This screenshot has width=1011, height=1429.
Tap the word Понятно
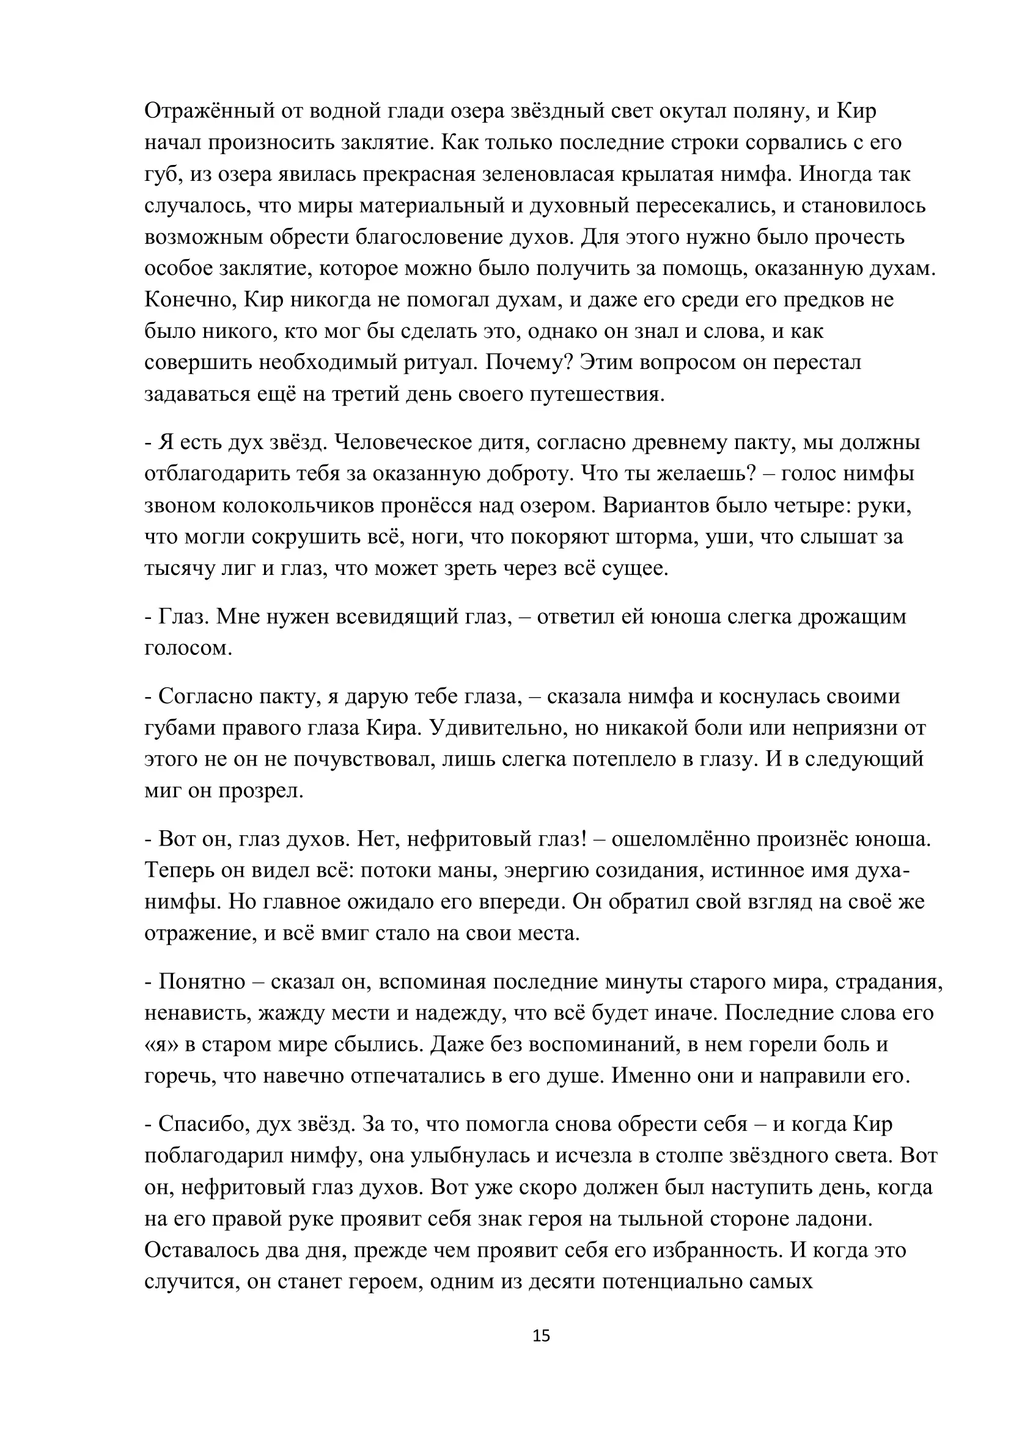pyautogui.click(x=202, y=982)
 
